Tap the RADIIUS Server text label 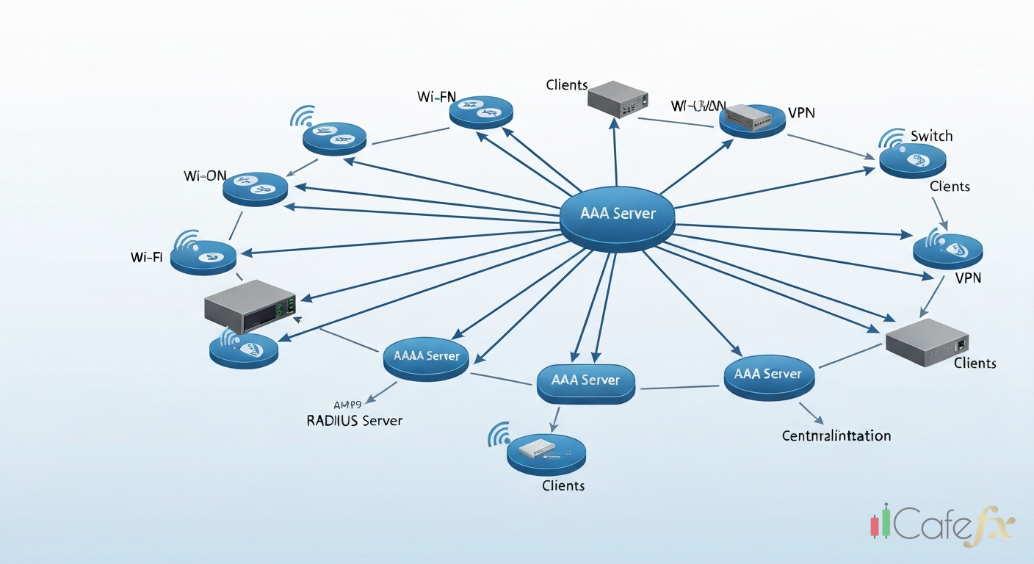pyautogui.click(x=354, y=421)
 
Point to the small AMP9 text pyautogui.click(x=347, y=405)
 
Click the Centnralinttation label pyautogui.click(x=836, y=435)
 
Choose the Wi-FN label pyautogui.click(x=436, y=97)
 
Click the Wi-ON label pyautogui.click(x=205, y=176)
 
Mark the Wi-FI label pyautogui.click(x=146, y=257)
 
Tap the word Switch pyautogui.click(x=931, y=136)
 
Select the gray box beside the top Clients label pyautogui.click(x=618, y=99)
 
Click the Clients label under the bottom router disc pyautogui.click(x=563, y=485)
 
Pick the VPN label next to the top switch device pyautogui.click(x=801, y=112)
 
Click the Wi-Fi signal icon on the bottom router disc pyautogui.click(x=499, y=435)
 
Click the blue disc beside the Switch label pyautogui.click(x=912, y=160)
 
